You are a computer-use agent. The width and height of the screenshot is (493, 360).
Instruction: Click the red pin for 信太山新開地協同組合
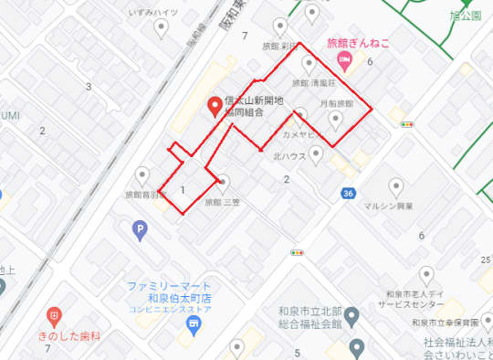[215, 107]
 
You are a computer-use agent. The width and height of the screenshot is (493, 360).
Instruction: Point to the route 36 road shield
[348, 194]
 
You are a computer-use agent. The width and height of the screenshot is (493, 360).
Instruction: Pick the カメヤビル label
[299, 132]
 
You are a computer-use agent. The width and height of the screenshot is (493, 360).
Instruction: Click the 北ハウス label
[289, 155]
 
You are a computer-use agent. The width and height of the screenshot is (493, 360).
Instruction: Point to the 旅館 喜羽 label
[143, 195]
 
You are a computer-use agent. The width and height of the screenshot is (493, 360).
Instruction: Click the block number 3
[89, 87]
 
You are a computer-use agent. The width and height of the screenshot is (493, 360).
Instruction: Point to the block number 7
[245, 36]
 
